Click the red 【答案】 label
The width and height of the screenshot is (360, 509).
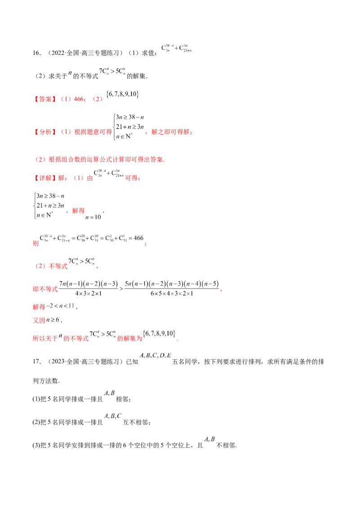(45, 99)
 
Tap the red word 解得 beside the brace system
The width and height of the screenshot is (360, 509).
(78, 210)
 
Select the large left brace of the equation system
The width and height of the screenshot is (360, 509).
(35, 205)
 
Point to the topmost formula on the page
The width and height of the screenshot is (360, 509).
(177, 49)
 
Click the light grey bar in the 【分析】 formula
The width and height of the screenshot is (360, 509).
(125, 131)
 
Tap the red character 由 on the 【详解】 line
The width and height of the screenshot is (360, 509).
(90, 179)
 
